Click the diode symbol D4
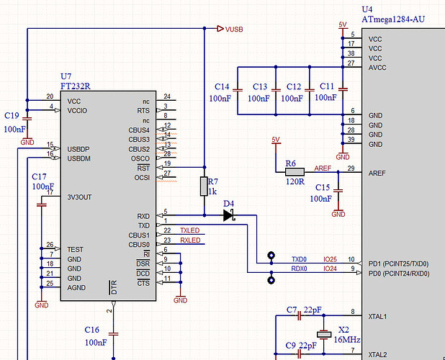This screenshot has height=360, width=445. point(230,215)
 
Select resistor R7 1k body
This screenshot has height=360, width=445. point(204,186)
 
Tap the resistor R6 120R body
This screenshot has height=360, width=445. point(295,172)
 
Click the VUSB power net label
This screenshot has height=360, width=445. point(233,30)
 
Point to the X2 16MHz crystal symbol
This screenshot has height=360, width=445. point(324,335)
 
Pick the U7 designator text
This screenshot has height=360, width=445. point(66,76)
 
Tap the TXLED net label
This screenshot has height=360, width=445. point(189,230)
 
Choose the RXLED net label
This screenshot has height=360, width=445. point(189,240)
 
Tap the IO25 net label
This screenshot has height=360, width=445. point(330,259)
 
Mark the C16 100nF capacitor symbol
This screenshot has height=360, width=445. point(113,323)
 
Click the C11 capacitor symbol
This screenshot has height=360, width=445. point(342,90)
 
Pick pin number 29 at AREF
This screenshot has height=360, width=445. point(351,168)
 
